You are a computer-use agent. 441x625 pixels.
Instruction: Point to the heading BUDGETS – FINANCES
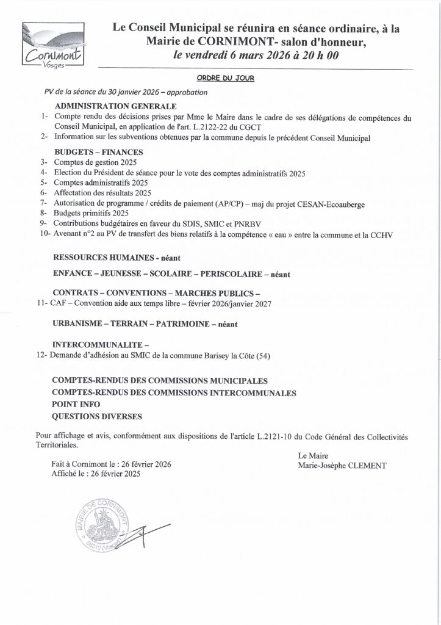98,152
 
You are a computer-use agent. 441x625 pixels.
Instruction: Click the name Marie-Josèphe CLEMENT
342,466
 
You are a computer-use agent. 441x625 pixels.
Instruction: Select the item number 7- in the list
43,203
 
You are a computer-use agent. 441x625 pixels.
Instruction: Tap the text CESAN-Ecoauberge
331,203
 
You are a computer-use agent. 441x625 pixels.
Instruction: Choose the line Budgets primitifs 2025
91,213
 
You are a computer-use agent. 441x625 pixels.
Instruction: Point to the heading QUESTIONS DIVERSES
97,416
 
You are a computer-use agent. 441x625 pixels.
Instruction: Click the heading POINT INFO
77,404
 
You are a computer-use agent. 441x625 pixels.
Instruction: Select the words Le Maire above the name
310,455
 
